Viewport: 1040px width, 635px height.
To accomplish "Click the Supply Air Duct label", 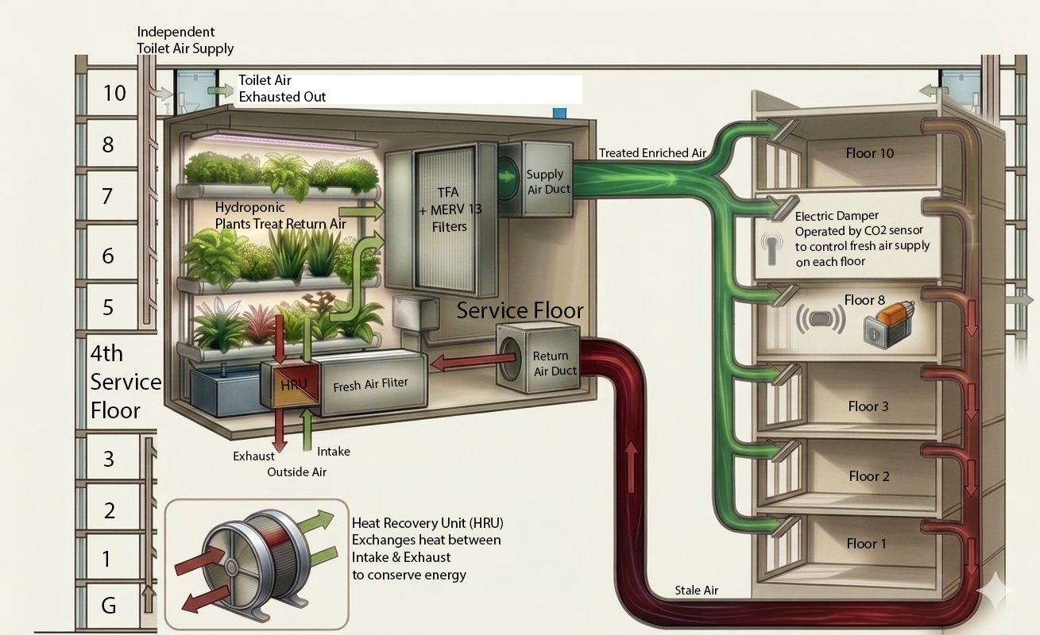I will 545,181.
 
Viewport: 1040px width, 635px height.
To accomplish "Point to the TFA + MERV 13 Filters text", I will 448,209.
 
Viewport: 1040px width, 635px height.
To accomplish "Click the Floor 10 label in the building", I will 870,153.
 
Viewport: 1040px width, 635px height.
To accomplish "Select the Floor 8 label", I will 864,299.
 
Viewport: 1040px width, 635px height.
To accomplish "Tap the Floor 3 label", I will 868,406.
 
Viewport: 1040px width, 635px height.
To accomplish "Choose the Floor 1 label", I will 866,544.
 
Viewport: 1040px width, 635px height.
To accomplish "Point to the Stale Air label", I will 698,591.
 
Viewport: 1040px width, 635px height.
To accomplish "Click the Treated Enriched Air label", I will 651,152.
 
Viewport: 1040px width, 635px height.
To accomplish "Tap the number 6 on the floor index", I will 108,256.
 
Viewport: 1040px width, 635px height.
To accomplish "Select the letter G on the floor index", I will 108,606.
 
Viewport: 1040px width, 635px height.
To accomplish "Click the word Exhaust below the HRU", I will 253,456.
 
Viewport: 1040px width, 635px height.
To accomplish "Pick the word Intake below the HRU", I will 333,451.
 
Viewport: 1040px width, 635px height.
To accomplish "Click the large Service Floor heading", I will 520,310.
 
